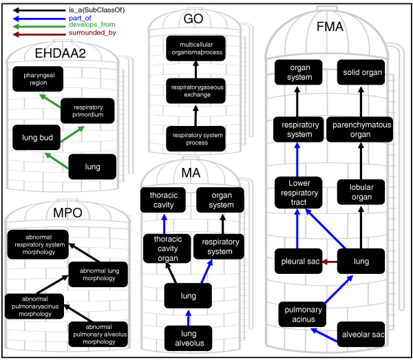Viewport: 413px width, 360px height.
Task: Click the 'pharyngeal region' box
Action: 38,81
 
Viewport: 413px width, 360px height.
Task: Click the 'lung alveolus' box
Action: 188,338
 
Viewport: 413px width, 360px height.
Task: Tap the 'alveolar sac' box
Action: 364,335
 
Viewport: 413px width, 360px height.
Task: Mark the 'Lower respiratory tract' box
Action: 297,192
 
